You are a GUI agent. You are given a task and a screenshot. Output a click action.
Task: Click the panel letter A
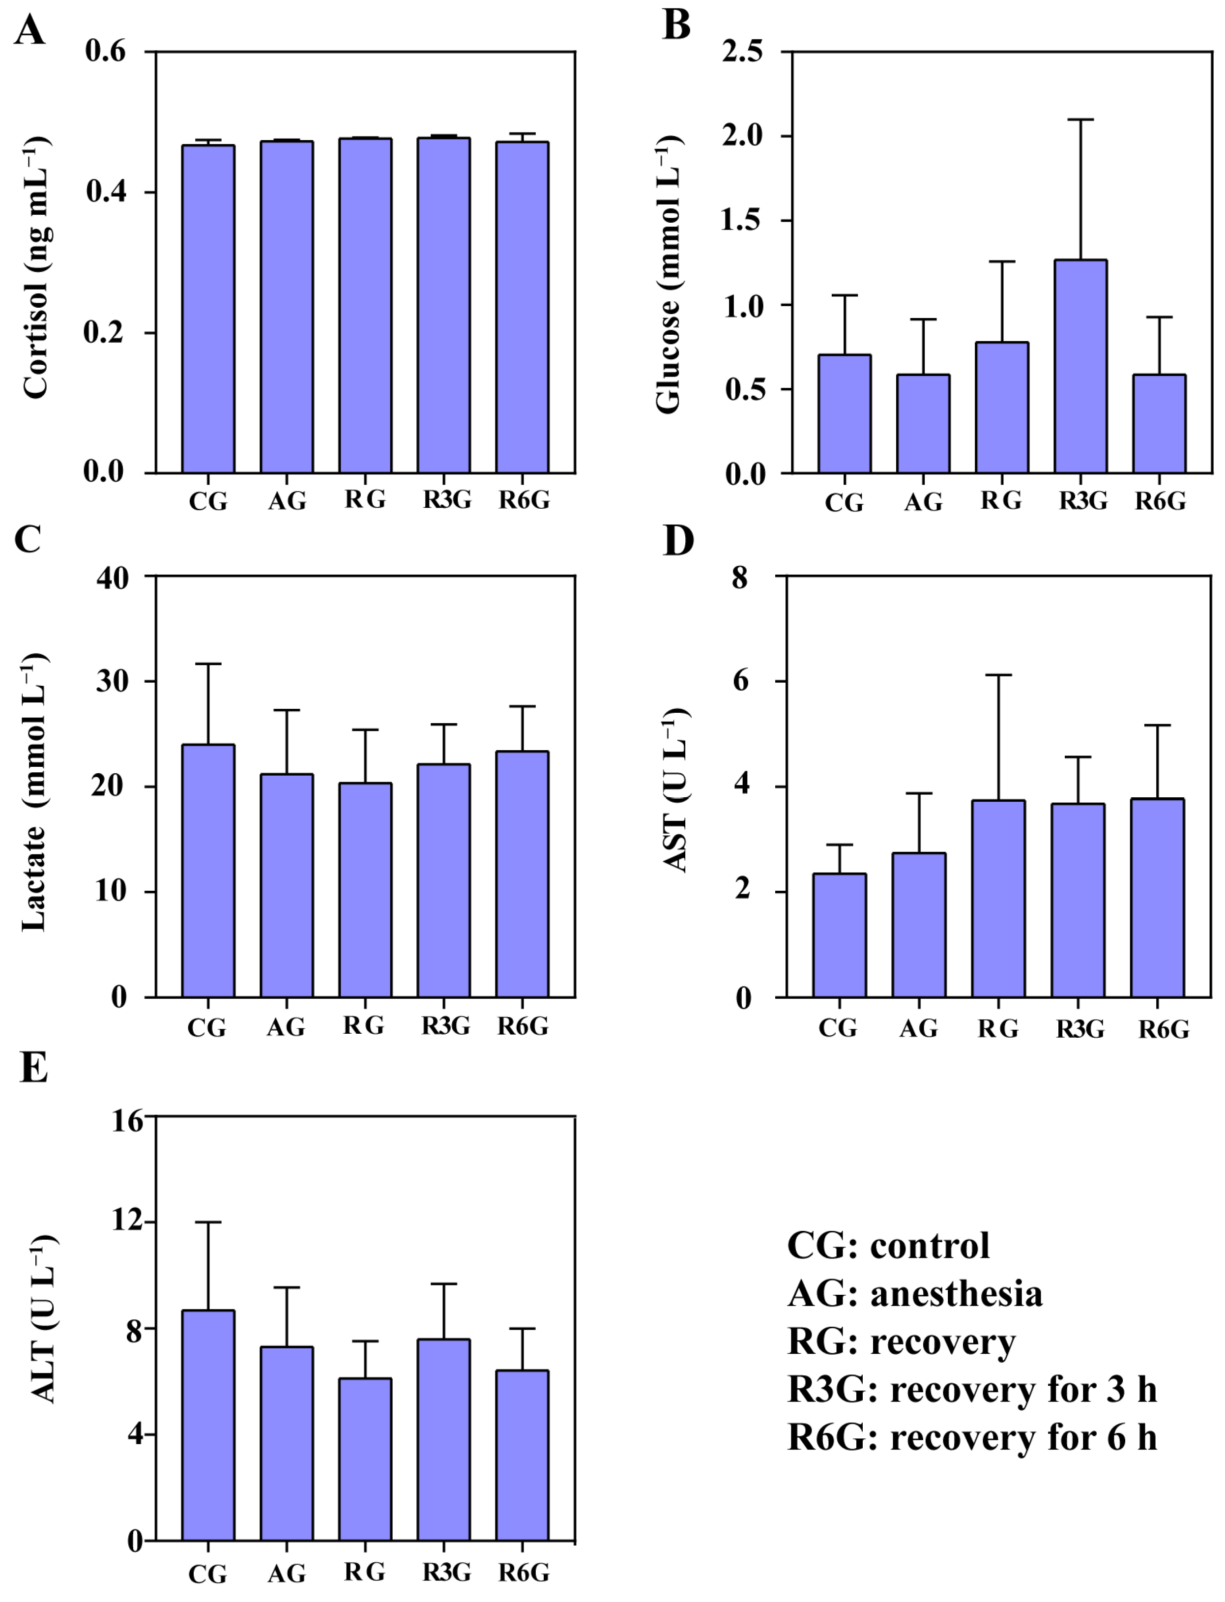point(29,30)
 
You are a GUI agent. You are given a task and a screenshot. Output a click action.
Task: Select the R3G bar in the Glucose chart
point(1080,366)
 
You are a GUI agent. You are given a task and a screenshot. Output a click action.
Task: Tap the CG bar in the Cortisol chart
point(208,309)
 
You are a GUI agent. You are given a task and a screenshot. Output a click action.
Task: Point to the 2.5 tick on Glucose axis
point(742,52)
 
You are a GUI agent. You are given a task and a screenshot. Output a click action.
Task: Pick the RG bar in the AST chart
point(998,899)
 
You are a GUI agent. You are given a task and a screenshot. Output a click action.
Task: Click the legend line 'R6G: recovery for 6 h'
point(972,1438)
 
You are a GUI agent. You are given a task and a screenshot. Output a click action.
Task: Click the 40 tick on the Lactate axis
point(112,578)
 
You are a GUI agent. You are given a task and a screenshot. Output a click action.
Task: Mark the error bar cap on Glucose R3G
point(1080,119)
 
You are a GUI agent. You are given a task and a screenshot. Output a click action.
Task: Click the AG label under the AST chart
point(919,1028)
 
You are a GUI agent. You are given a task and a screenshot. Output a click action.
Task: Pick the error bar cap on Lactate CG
point(208,664)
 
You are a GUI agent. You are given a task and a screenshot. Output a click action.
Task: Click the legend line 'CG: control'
point(888,1246)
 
